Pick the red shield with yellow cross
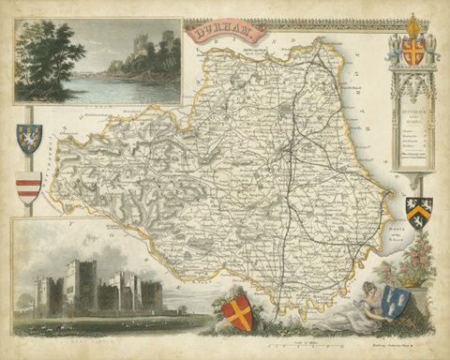pyautogui.click(x=238, y=313)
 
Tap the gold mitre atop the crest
pyautogui.click(x=412, y=22)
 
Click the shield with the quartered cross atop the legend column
pyautogui.click(x=412, y=52)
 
